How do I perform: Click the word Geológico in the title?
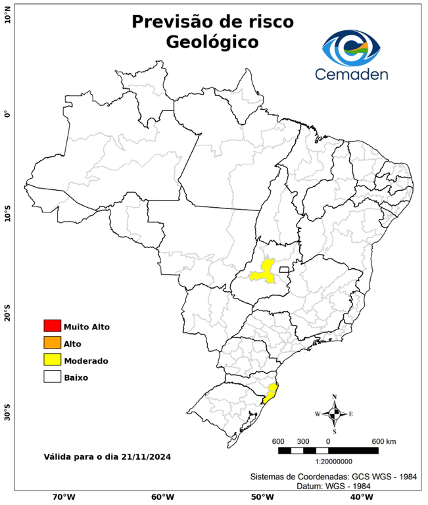pos(212,42)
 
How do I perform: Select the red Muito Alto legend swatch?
pos(52,326)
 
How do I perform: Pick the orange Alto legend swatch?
pos(52,343)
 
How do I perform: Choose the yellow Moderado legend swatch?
pos(52,360)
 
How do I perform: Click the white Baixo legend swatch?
pos(52,377)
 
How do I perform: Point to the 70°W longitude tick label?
pos(64,497)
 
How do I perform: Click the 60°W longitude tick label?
pos(162,497)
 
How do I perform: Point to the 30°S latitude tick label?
pos(7,417)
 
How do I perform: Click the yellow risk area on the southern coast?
pos(270,393)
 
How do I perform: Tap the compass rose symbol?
pos(334,414)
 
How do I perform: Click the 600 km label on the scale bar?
pos(383,441)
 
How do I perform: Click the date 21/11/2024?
pos(151,456)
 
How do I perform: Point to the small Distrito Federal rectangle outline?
pos(285,270)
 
